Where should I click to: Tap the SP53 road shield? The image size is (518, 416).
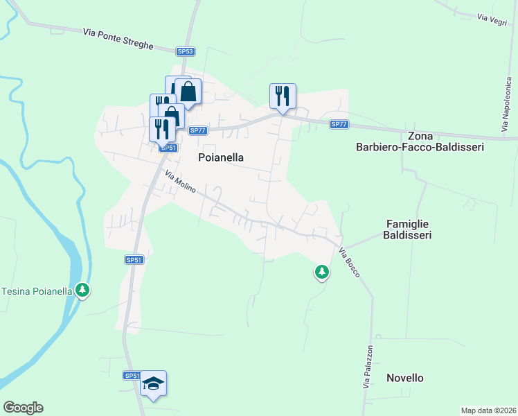(185, 51)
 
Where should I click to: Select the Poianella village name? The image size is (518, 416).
(221, 157)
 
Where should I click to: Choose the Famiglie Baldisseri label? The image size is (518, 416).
(409, 229)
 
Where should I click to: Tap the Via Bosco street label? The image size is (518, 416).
(350, 263)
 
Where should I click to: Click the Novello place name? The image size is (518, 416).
(405, 378)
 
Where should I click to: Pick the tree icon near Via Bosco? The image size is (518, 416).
(321, 272)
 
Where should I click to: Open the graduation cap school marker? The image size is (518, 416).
(153, 383)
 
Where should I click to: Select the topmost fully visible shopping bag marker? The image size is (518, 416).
(188, 91)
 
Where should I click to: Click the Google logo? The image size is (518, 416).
(23, 408)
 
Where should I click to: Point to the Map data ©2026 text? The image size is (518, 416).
(488, 410)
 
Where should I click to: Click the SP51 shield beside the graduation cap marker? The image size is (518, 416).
(132, 375)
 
